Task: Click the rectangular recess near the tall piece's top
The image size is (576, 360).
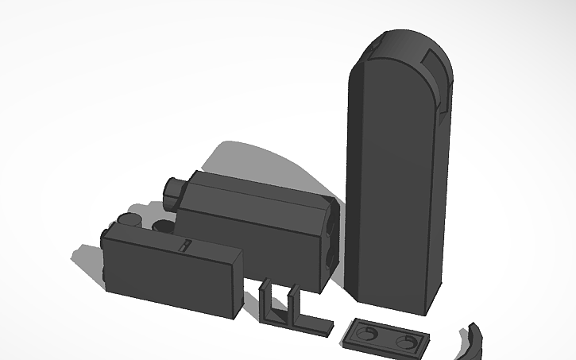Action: point(436,60)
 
